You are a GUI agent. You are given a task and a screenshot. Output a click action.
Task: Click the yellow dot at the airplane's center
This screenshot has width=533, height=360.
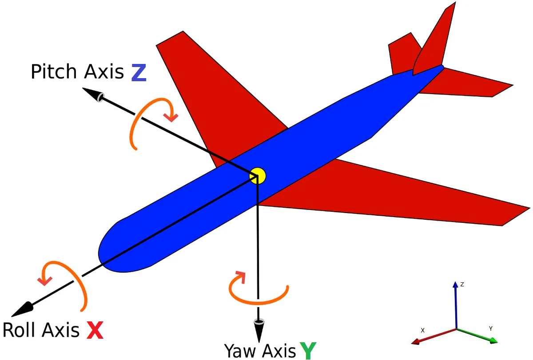pos(257,176)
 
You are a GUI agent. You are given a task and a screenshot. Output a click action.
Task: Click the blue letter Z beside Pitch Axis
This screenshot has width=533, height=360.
pos(139,73)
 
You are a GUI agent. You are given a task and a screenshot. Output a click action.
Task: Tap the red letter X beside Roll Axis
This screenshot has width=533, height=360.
pos(95,330)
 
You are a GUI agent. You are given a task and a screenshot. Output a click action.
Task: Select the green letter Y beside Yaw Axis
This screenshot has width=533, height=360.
pos(308,351)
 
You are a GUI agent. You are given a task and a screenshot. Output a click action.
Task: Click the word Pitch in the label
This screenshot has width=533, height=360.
pos(54,71)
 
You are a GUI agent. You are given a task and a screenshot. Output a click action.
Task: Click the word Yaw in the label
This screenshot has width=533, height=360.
pos(240,351)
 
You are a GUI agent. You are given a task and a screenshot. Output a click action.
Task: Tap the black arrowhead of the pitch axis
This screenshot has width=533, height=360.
pos(93,95)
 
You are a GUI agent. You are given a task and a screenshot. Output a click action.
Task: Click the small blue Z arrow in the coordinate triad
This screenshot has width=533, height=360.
pos(456,305)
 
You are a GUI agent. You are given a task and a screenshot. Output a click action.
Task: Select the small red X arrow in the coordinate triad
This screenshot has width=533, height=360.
pos(434,336)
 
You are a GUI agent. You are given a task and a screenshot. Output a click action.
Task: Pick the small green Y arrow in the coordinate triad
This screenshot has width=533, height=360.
pos(477,336)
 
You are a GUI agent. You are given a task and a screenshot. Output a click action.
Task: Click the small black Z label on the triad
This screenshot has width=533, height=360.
pos(462,285)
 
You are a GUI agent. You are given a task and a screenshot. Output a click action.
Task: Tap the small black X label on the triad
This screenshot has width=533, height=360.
pos(422,330)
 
